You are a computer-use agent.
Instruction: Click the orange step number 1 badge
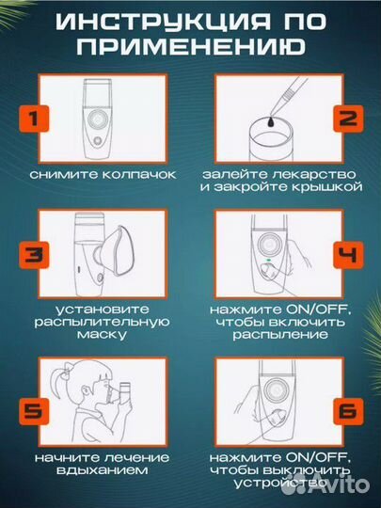coord(34,119)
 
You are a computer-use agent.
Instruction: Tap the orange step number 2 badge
coord(348,119)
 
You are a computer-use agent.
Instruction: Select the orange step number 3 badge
coord(34,255)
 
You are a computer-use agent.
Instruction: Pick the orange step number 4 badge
coord(348,255)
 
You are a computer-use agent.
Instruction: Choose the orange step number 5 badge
coord(34,411)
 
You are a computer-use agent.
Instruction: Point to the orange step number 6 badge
coord(348,411)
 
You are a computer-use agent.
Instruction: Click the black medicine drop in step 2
coord(271,122)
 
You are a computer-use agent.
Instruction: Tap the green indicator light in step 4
coord(268,260)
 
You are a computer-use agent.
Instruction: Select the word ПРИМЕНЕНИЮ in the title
coord(191,46)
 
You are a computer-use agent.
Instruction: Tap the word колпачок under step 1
coord(139,175)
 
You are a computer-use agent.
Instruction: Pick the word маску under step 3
coord(102,335)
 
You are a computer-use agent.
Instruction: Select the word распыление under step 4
coord(280,335)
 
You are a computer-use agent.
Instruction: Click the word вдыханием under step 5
coord(102,470)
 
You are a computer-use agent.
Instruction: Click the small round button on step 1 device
coord(97,140)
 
